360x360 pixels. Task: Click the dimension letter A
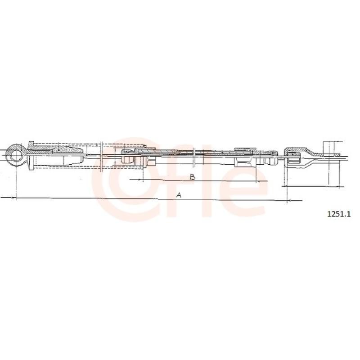point(179,195)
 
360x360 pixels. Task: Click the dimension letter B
point(193,177)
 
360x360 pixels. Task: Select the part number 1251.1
point(339,214)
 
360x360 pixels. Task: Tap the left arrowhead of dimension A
point(14,198)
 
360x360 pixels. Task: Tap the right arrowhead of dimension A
point(289,201)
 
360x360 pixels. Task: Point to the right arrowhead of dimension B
point(258,181)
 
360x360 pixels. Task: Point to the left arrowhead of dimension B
point(140,179)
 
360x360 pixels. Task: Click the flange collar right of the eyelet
point(31,156)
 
